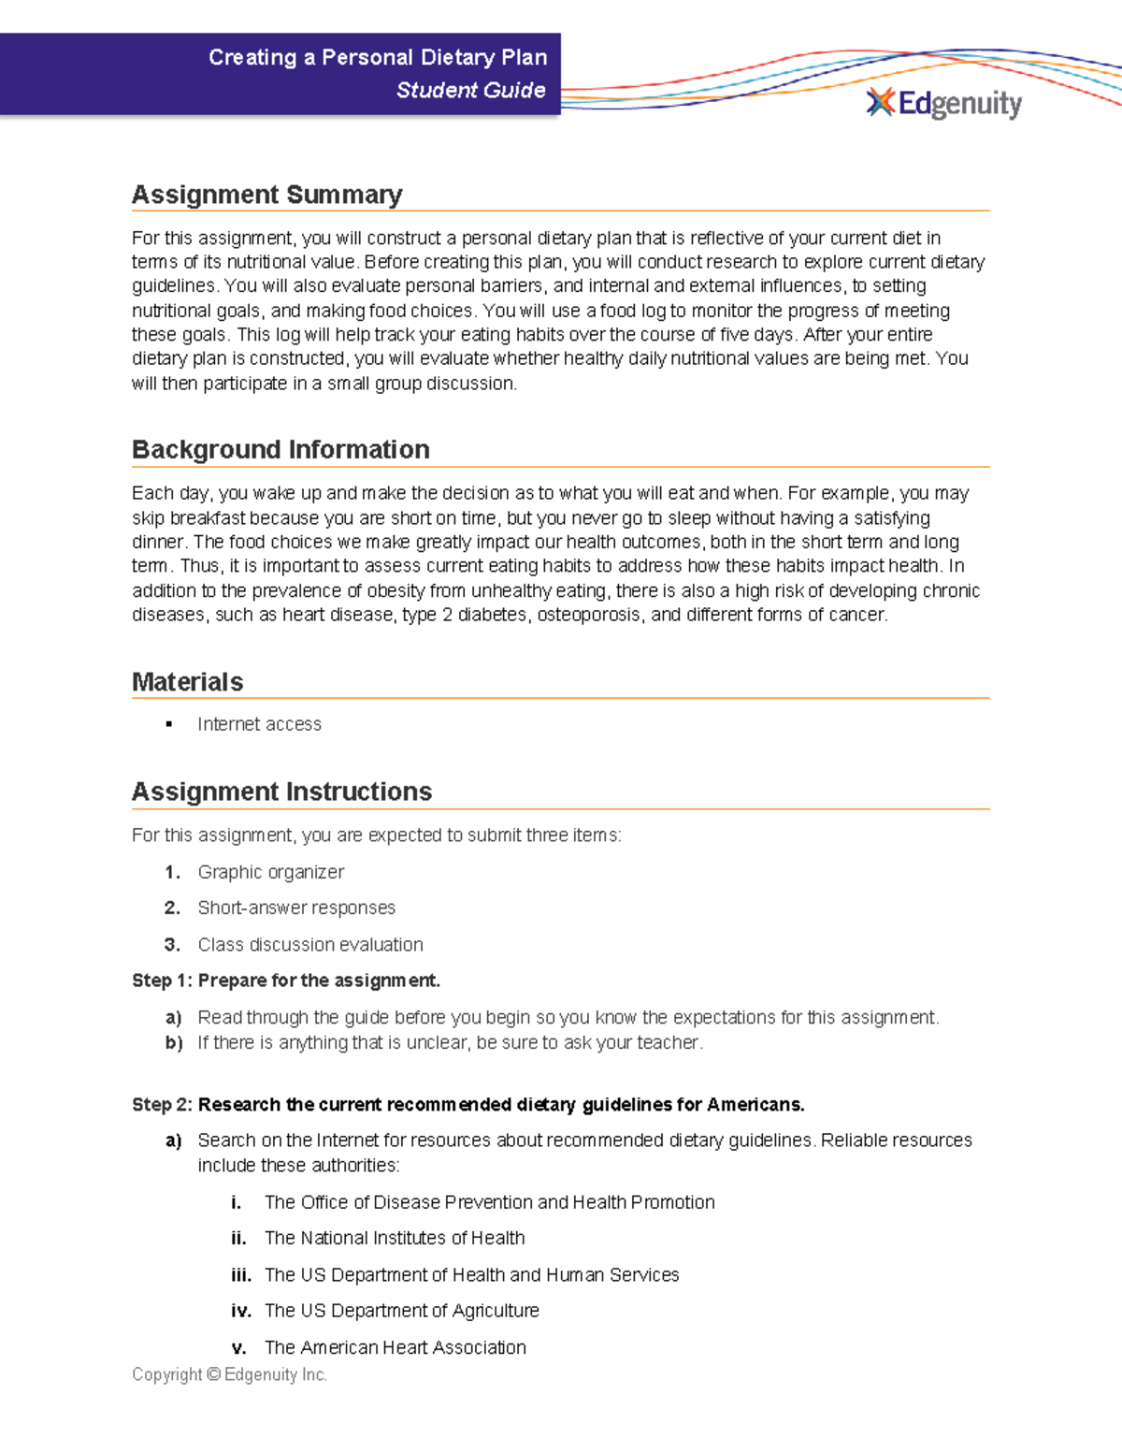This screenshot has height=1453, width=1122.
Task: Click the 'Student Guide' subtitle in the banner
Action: tap(470, 91)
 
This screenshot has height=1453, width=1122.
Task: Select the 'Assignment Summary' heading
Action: tap(267, 195)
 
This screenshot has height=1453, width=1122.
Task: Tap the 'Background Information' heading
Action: tap(280, 450)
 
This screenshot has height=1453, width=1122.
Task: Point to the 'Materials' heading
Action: tap(187, 682)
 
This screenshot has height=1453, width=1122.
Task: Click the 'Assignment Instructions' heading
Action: tap(281, 792)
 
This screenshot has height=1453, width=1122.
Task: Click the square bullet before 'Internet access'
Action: tap(169, 724)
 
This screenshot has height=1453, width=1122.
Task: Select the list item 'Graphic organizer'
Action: tap(270, 872)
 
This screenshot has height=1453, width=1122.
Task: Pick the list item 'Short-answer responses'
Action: tap(296, 908)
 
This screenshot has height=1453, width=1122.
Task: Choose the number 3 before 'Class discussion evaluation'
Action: tap(172, 945)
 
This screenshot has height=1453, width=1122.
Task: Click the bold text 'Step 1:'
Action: tap(162, 981)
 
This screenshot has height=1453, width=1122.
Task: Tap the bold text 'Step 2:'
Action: tap(162, 1105)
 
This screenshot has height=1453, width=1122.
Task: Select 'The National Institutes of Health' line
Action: tap(394, 1238)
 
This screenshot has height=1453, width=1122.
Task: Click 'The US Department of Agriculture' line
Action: tap(401, 1311)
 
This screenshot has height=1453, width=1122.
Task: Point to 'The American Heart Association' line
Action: tap(395, 1347)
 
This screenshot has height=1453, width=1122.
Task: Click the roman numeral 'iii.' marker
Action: tap(240, 1275)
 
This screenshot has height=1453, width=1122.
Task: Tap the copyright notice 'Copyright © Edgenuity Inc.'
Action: tap(229, 1374)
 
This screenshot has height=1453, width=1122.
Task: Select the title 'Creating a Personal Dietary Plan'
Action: tap(377, 58)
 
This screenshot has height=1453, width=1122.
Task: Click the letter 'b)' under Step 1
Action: tap(173, 1042)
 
